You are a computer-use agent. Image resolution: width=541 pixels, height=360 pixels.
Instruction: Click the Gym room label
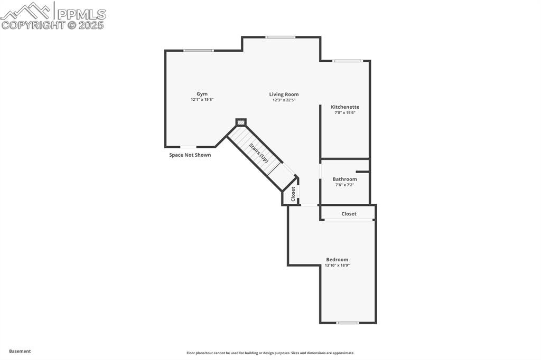click(x=202, y=94)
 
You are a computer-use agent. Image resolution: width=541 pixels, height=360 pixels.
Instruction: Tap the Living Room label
click(x=284, y=94)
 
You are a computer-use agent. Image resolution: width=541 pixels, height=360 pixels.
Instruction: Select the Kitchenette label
click(x=345, y=107)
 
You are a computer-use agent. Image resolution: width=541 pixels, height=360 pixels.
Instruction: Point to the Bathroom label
click(x=344, y=179)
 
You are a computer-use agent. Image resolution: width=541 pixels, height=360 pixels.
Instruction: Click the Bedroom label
click(x=337, y=259)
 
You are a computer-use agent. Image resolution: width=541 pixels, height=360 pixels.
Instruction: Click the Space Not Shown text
click(x=190, y=155)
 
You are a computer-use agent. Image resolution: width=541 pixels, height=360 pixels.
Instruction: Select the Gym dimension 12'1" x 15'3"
click(x=202, y=100)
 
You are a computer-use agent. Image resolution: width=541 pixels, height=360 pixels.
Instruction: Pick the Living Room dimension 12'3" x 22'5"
click(x=284, y=100)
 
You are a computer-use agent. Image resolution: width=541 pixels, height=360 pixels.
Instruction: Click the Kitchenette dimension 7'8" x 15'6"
click(x=345, y=112)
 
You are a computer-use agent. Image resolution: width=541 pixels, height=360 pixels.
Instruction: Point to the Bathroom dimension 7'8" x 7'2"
click(x=344, y=185)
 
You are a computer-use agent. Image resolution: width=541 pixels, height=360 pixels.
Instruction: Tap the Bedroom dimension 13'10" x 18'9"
click(x=337, y=266)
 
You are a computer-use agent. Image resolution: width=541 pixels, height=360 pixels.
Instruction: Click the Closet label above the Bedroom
click(x=349, y=214)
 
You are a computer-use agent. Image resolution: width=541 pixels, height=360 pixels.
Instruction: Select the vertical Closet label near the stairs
click(x=293, y=194)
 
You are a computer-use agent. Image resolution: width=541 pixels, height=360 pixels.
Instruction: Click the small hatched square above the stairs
click(x=241, y=122)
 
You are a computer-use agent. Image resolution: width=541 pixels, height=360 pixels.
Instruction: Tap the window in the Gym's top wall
click(x=199, y=51)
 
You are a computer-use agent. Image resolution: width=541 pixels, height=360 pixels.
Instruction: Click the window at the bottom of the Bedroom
click(x=348, y=323)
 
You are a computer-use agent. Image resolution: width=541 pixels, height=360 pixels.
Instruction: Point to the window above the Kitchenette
click(x=348, y=61)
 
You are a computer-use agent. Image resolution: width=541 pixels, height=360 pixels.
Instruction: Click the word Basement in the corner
click(x=20, y=351)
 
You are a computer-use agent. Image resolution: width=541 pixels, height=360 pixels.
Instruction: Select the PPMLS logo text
click(x=80, y=14)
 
